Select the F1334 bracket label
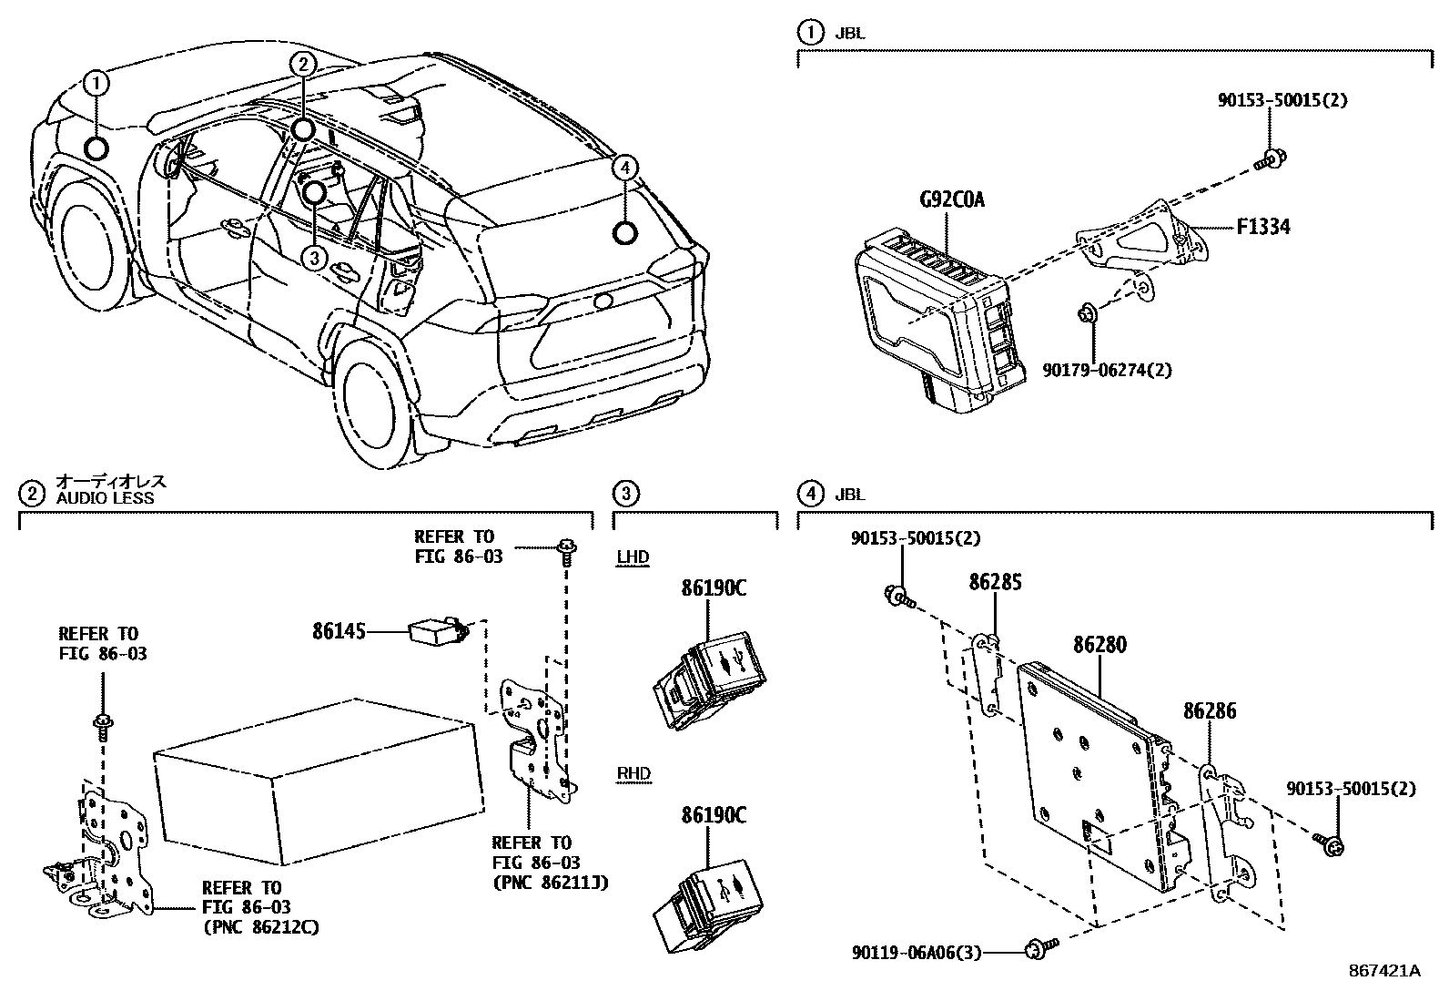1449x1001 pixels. tap(1262, 226)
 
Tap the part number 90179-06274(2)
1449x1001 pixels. tap(1107, 370)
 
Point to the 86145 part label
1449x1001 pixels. tap(339, 630)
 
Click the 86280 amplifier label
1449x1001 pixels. tap(1099, 645)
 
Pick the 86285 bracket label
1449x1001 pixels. tap(995, 581)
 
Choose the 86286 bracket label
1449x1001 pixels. tap(1210, 710)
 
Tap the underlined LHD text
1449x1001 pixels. tap(633, 557)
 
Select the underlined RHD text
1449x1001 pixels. tap(633, 774)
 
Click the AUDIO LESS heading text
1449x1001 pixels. tap(105, 498)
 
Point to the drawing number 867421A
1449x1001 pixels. tap(1383, 971)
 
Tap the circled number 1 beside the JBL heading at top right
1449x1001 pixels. tap(808, 34)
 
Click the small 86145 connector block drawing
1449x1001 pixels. tap(435, 631)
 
